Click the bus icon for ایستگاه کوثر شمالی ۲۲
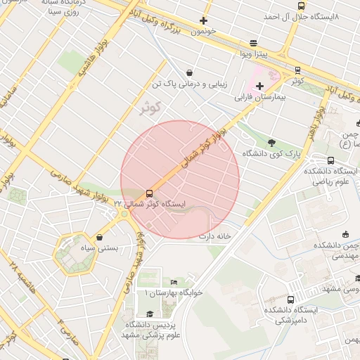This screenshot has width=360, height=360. pos(149,193)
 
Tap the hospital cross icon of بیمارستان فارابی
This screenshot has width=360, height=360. pos(259,85)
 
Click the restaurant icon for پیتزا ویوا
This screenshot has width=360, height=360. pos(253,43)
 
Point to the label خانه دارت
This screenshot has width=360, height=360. pos(215,236)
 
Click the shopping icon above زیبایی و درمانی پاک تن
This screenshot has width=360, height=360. pos(190,72)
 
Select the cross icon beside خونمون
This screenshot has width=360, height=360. pos(204,20)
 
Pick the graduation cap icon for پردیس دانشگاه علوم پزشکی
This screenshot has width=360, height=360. pos(149,314)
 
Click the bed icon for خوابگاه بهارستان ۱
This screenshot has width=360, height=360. pos(174,282)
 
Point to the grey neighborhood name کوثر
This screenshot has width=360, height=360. pos(149,108)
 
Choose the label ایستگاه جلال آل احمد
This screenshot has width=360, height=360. pos(301,15)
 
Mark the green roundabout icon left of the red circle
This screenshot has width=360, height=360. pos(124,214)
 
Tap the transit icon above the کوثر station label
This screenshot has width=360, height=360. pos(297,70)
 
